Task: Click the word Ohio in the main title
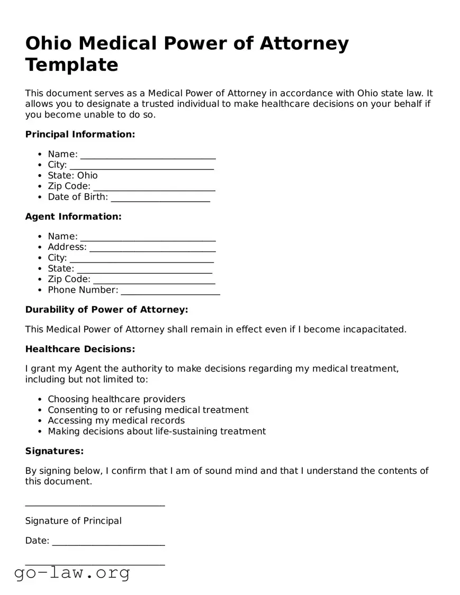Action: [x=51, y=43]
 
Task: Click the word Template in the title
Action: [x=71, y=65]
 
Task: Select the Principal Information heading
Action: [x=80, y=134]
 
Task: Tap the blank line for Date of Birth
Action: [x=160, y=198]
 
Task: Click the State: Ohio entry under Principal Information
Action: [x=73, y=175]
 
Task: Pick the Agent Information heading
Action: [x=73, y=217]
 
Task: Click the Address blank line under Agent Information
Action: [x=152, y=248]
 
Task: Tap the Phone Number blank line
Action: [x=170, y=291]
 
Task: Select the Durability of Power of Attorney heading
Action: [x=106, y=310]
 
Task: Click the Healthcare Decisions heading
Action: [x=80, y=349]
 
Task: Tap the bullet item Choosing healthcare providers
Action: [x=116, y=399]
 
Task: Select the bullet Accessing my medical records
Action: [x=116, y=420]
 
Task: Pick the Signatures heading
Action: [x=55, y=451]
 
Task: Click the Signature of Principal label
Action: [x=73, y=521]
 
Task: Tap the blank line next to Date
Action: [x=109, y=542]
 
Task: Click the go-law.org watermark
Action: [x=72, y=573]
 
